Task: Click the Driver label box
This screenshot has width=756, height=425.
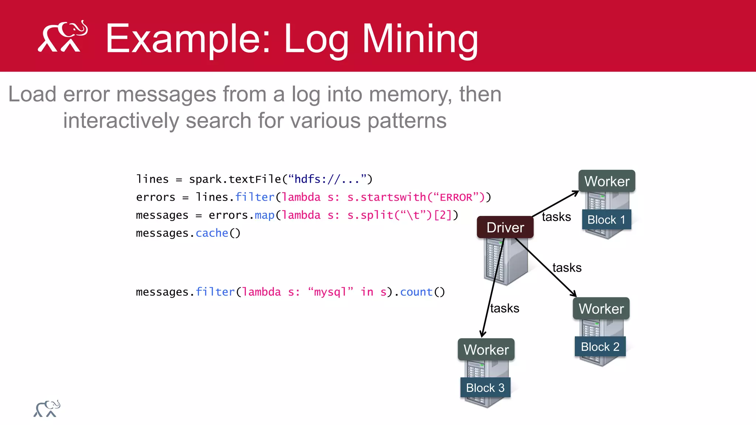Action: [505, 227]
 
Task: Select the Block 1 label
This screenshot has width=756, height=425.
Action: [606, 220]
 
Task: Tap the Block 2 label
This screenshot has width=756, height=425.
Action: [600, 347]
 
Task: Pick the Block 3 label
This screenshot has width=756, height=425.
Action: [485, 388]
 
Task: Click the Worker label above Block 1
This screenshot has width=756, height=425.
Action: [607, 181]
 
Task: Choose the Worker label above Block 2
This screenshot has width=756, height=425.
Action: [601, 308]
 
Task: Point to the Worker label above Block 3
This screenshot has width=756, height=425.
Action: [486, 349]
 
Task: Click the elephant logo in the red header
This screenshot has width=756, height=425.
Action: [63, 37]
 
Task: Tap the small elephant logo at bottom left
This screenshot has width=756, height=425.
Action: [47, 409]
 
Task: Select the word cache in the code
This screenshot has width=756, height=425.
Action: [212, 233]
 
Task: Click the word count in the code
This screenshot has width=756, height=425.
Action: [416, 292]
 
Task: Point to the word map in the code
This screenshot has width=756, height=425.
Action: [264, 215]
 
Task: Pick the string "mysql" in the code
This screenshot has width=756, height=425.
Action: [330, 292]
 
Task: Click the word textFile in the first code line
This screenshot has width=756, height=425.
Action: [255, 179]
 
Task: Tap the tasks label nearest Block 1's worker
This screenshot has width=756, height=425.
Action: [556, 217]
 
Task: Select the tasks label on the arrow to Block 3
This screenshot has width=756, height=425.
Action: [505, 308]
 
